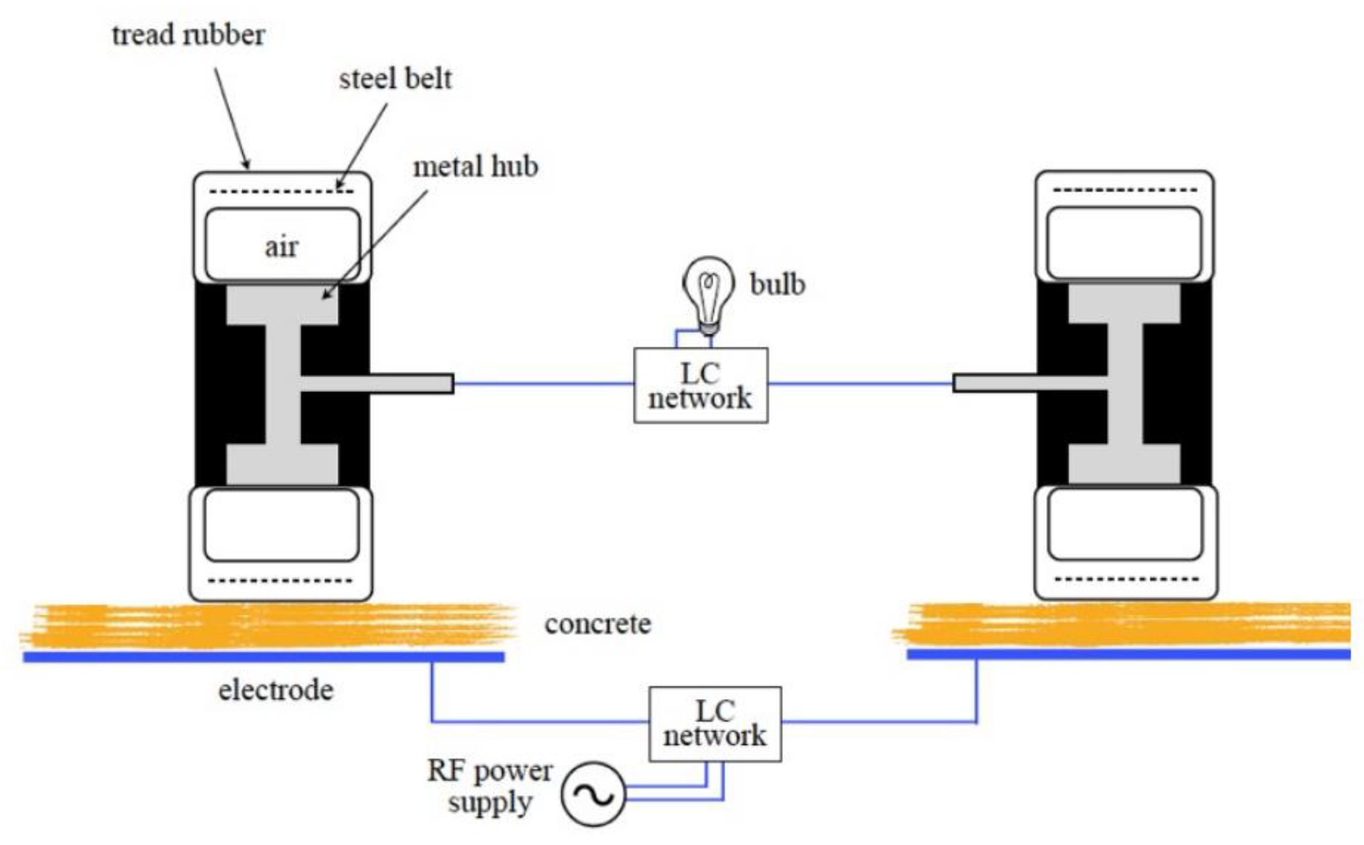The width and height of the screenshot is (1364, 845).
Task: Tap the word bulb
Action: point(777,285)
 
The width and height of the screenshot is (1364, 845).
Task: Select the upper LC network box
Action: point(700,385)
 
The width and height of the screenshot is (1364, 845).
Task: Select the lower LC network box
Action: point(715,724)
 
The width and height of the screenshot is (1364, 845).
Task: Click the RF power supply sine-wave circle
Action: point(593,795)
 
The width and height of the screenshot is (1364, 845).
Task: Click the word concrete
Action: point(598,625)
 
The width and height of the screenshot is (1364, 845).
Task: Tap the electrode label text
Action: point(276,690)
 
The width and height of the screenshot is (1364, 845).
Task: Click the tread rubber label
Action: point(188,35)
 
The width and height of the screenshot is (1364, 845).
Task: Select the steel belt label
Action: point(395,79)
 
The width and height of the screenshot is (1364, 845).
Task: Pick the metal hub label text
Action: point(476,167)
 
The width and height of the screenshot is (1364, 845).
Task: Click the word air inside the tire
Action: point(281,247)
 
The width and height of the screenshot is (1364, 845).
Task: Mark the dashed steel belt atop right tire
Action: point(1124,190)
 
